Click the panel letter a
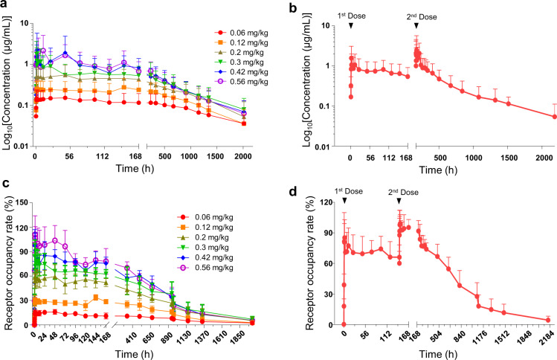point(5,6)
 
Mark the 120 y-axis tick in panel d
point(324,203)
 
